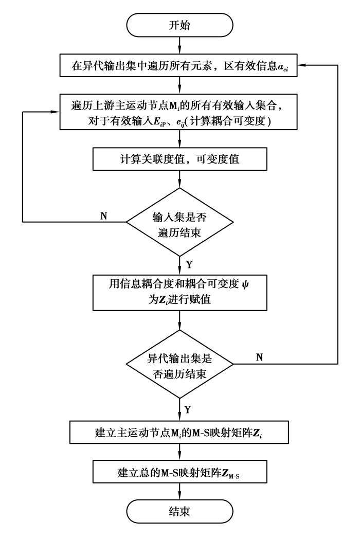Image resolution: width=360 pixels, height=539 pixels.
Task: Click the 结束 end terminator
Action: click(x=179, y=511)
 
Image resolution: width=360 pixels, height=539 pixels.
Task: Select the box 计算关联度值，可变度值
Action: click(x=179, y=159)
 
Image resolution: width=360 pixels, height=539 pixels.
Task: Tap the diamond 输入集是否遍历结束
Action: click(x=179, y=222)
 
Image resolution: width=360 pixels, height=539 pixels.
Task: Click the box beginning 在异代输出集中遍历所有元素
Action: click(x=179, y=66)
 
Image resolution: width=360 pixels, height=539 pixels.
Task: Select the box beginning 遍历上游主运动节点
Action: click(x=179, y=113)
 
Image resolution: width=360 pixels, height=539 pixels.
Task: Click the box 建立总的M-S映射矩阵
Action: click(x=179, y=470)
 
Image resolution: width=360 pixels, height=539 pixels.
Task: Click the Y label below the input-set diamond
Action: click(x=189, y=264)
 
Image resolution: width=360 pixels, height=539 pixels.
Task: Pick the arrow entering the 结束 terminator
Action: click(x=179, y=491)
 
